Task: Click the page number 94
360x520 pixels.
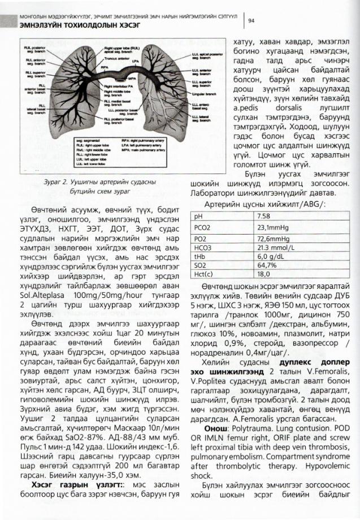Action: (251, 21)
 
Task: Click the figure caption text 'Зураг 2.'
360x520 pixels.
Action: (57, 183)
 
